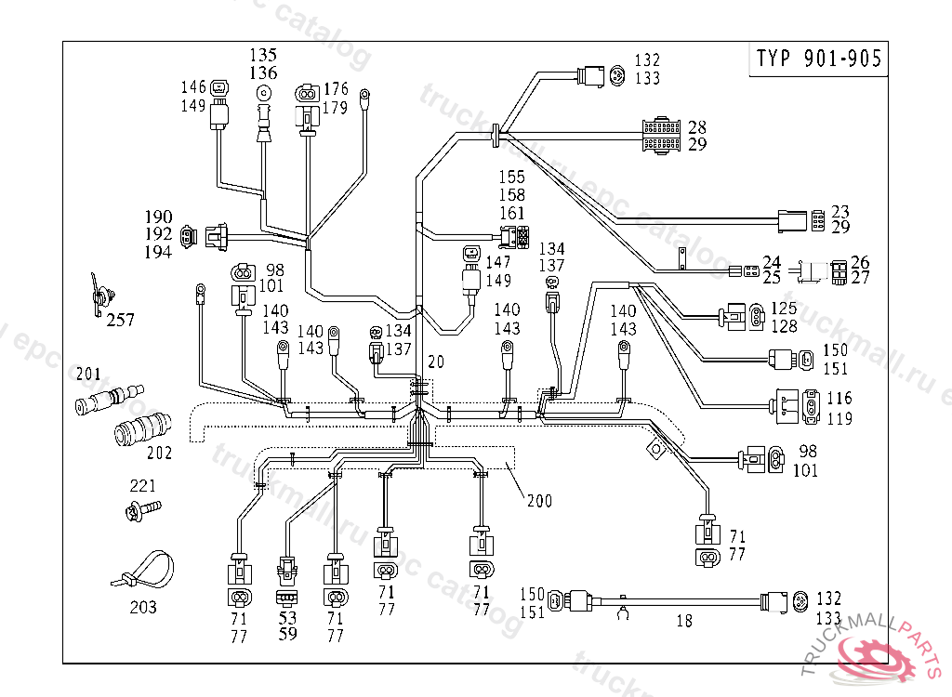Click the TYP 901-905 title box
pyautogui.click(x=818, y=59)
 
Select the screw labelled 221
pyautogui.click(x=142, y=509)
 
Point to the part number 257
pyautogui.click(x=120, y=321)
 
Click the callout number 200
pyautogui.click(x=538, y=501)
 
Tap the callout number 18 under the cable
pyautogui.click(x=684, y=622)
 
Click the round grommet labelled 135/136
pyautogui.click(x=265, y=93)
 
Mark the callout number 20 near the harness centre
pyautogui.click(x=436, y=361)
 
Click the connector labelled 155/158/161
pyautogui.click(x=515, y=238)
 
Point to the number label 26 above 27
pyautogui.click(x=860, y=262)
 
